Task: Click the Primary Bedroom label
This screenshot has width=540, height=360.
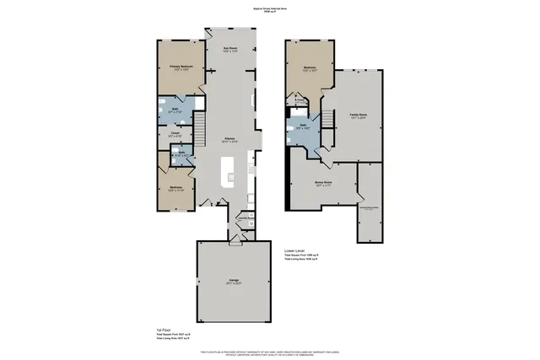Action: (181, 67)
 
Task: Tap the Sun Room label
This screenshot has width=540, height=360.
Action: (229, 49)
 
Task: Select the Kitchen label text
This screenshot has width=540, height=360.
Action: (229, 141)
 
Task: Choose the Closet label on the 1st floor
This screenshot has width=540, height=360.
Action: (173, 134)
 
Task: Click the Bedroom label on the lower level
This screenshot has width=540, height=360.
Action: (309, 68)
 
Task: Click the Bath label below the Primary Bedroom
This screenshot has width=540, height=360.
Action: (172, 110)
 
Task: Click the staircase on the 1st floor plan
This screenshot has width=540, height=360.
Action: (203, 131)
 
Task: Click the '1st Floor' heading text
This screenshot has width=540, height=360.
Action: (165, 329)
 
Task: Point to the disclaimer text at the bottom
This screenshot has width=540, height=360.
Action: (270, 352)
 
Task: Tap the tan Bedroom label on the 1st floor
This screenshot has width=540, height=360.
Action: (175, 189)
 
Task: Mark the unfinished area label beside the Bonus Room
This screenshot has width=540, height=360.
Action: (370, 207)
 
